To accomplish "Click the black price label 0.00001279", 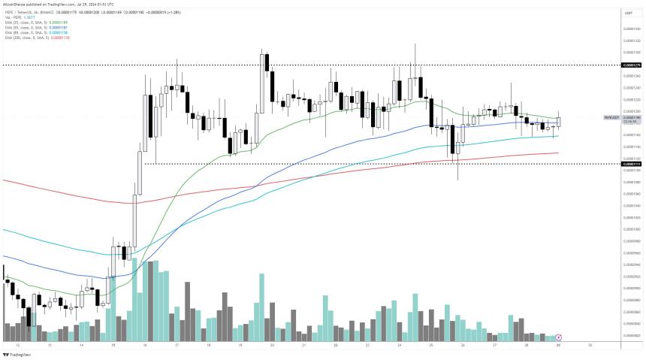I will (x=631, y=65).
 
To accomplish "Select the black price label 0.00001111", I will (x=631, y=164).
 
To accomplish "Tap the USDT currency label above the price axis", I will (x=628, y=13).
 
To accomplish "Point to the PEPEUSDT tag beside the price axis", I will (x=611, y=118).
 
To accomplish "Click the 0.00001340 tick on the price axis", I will (x=631, y=29).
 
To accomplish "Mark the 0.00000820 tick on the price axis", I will (x=631, y=335).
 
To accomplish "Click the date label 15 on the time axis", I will (x=113, y=346).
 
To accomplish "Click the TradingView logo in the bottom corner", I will (x=20, y=354).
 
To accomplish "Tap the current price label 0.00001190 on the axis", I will (x=631, y=117).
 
